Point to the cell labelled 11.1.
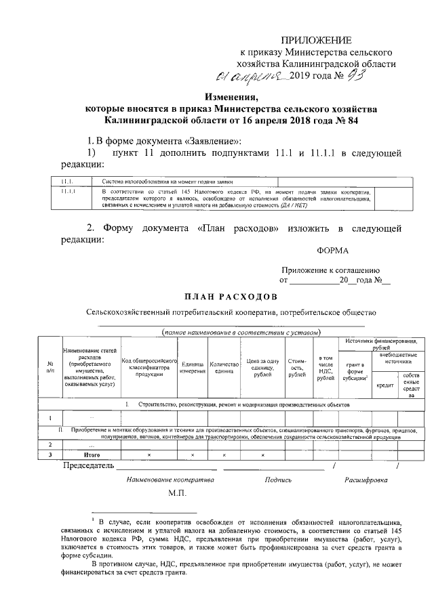[x=66, y=182]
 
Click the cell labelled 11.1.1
[x=68, y=192]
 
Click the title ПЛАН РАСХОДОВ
[x=230, y=297]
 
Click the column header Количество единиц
[x=223, y=368]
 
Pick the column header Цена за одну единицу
[x=262, y=368]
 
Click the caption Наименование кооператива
[x=170, y=480]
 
